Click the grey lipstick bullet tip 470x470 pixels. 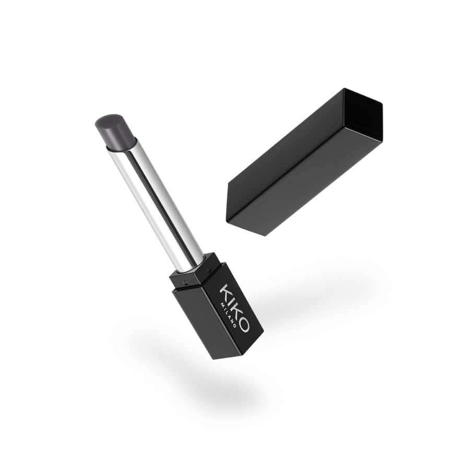click(x=116, y=131)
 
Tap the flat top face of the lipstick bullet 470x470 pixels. click(x=109, y=120)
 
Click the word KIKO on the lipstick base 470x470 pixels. click(x=234, y=307)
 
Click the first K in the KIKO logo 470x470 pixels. click(x=226, y=291)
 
